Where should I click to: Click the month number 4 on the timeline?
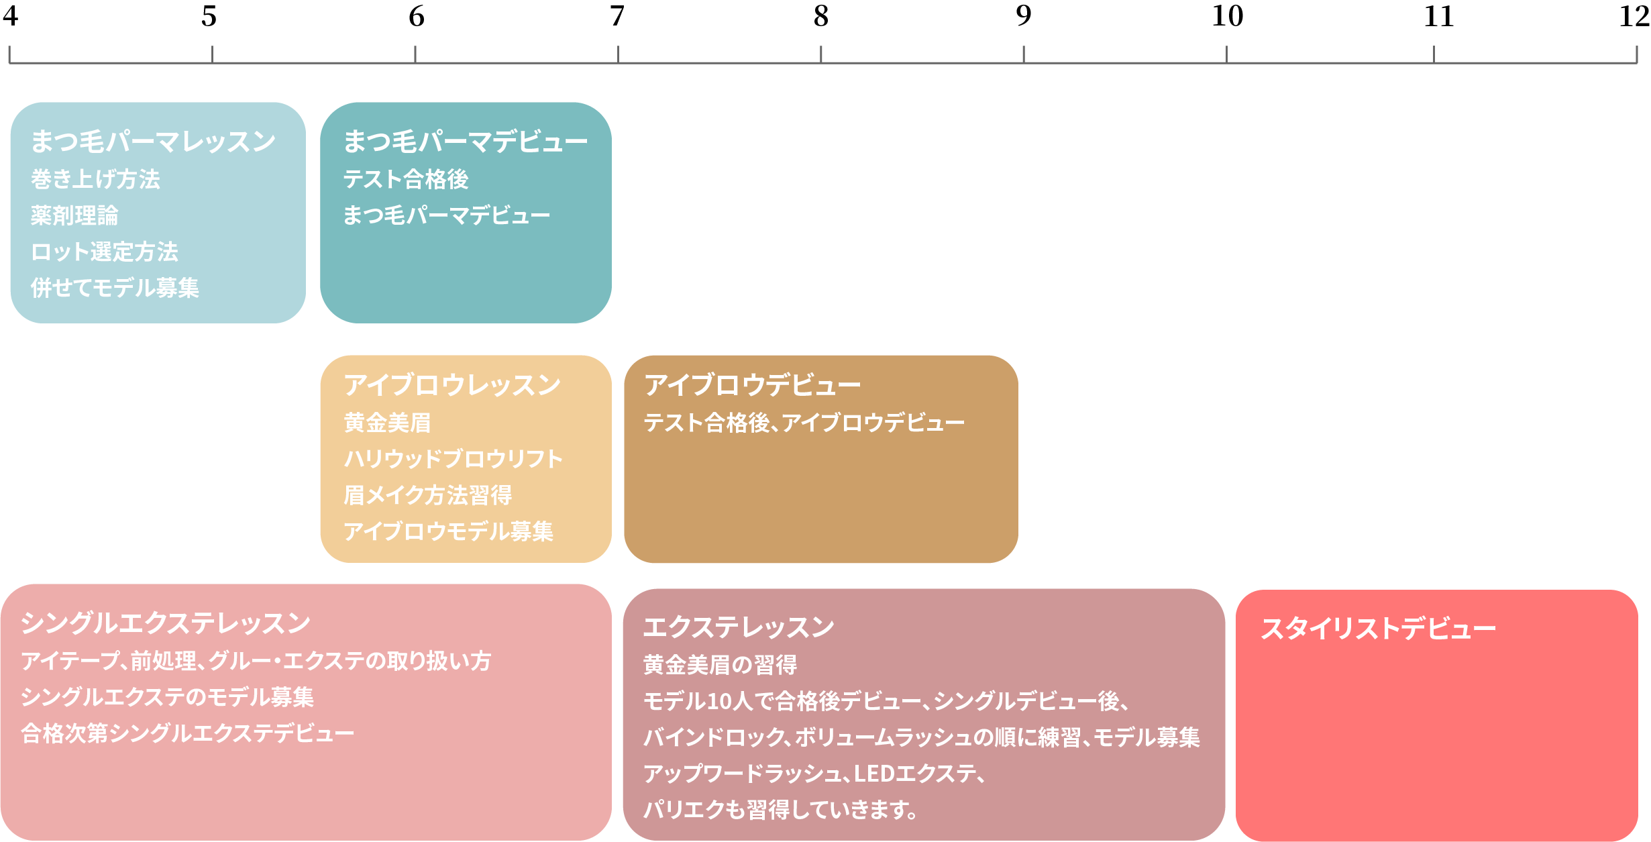pyautogui.click(x=10, y=15)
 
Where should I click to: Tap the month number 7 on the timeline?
pyautogui.click(x=617, y=15)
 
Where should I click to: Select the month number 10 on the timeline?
pyautogui.click(x=1227, y=15)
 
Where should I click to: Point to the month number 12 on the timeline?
pyautogui.click(x=1634, y=15)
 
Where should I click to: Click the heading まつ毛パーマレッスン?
pyautogui.click(x=153, y=142)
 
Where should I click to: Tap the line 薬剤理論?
pyautogui.click(x=74, y=215)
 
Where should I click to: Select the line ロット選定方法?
pyautogui.click(x=105, y=252)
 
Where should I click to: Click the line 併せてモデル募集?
pyautogui.click(x=115, y=288)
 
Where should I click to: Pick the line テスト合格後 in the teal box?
pyautogui.click(x=406, y=179)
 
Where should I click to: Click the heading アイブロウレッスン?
pyautogui.click(x=452, y=385)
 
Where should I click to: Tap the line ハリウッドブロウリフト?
pyautogui.click(x=453, y=459)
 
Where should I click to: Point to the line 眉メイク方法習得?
pyautogui.click(x=427, y=495)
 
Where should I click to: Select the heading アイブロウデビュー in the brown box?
pyautogui.click(x=752, y=385)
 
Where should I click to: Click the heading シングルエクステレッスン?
pyautogui.click(x=165, y=623)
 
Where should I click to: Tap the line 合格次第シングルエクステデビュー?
pyautogui.click(x=187, y=733)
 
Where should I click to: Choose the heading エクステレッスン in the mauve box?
pyautogui.click(x=739, y=627)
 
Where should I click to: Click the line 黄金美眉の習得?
pyautogui.click(x=720, y=665)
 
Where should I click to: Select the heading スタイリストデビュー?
pyautogui.click(x=1378, y=629)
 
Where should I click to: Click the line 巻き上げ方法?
pyautogui.click(x=95, y=179)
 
